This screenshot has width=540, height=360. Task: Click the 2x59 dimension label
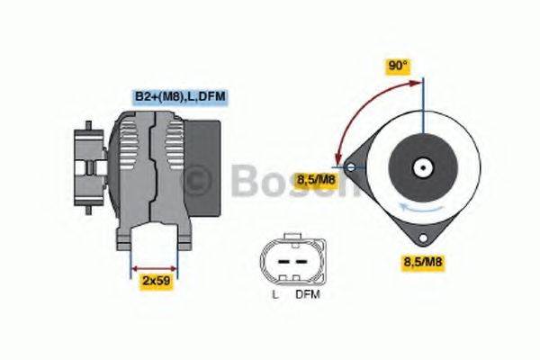click(157, 281)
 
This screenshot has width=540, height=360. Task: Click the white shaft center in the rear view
click(421, 167)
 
